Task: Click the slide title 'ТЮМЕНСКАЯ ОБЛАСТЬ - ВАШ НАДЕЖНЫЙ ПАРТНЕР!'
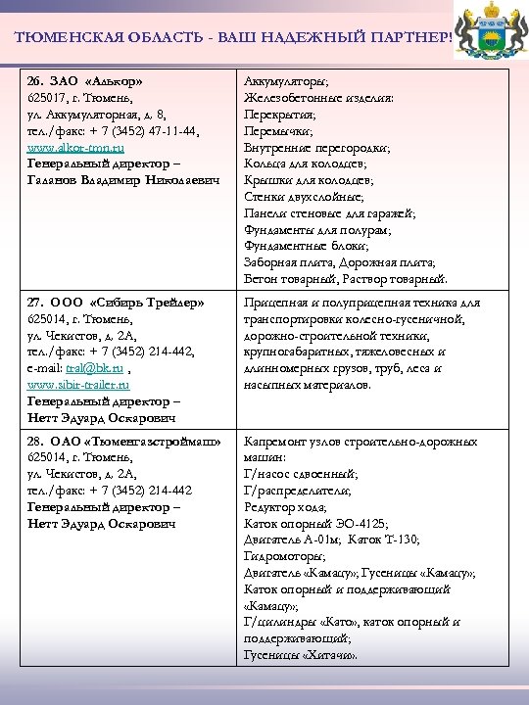coord(235,36)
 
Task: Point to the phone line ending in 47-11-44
coord(113,130)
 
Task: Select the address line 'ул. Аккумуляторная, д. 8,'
coord(96,114)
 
